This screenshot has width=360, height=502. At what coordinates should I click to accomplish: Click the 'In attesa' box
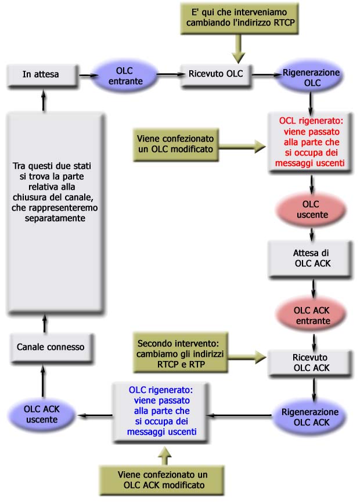tap(41, 74)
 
